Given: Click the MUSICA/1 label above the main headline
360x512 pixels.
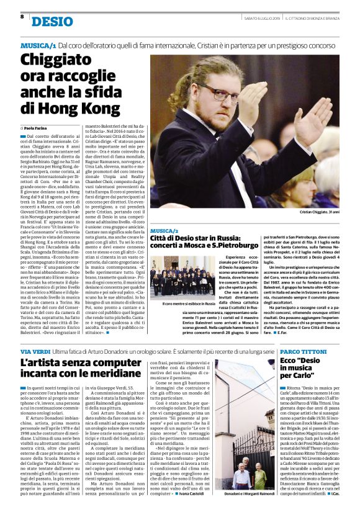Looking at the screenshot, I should coord(38,46).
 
